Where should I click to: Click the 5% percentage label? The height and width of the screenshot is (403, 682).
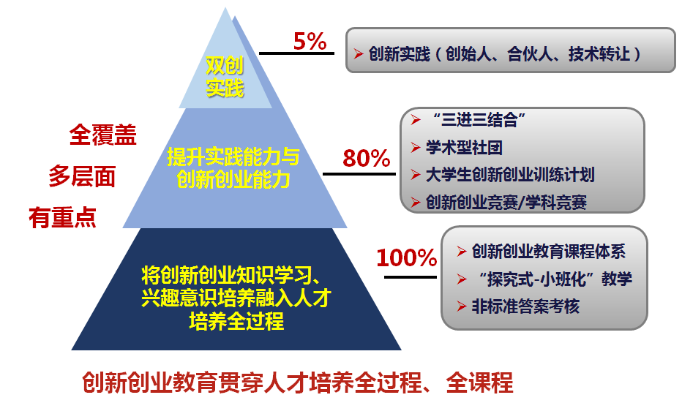click(310, 42)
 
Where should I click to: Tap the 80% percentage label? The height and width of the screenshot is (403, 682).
click(366, 158)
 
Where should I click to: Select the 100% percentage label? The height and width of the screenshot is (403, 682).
click(407, 257)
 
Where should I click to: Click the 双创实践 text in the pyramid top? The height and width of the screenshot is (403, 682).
click(224, 78)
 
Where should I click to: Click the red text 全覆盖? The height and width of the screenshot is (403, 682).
click(102, 135)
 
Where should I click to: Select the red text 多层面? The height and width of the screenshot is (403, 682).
click(82, 176)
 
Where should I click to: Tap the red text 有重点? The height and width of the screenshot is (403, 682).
click(63, 218)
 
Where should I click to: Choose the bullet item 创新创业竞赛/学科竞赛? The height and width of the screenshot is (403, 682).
click(506, 202)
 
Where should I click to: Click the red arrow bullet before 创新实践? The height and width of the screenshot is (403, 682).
click(358, 54)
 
